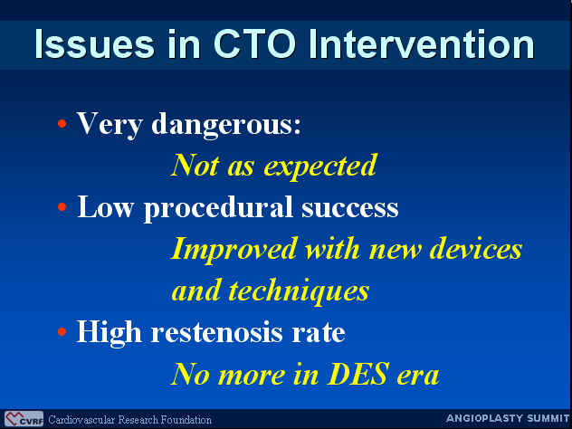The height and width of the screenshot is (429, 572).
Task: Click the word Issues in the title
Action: point(94,44)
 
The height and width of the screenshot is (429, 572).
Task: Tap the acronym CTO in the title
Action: point(254,44)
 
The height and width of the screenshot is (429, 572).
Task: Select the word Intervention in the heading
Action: point(422,44)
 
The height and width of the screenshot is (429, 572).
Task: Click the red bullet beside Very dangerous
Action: point(62,124)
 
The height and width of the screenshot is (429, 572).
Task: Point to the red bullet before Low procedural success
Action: point(62,207)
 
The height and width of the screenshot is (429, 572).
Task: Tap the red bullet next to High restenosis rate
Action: point(62,332)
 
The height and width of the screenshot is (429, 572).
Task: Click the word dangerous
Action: point(226,125)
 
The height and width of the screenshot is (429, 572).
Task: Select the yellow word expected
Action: point(319,167)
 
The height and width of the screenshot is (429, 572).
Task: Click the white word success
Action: point(350,209)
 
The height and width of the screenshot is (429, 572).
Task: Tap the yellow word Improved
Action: point(234,250)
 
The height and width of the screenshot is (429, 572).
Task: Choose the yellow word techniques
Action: point(299,291)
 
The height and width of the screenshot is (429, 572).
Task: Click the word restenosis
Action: point(217,332)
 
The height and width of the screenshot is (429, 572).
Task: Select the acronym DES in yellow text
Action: point(357,374)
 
